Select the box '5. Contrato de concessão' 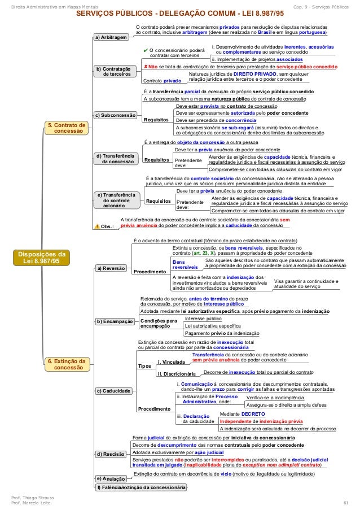coord(66,128)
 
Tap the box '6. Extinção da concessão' coord(66,364)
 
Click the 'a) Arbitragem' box coord(110,38)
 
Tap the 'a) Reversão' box coord(111,268)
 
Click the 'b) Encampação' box coord(115,321)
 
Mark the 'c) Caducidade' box coord(113,391)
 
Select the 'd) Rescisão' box coord(111,454)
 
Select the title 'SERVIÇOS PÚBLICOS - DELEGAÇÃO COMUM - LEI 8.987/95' coord(180,14)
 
